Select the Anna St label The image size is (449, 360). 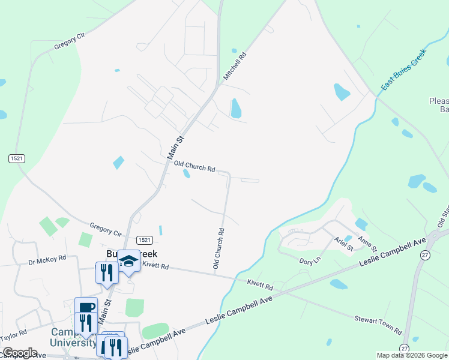pos(367,244)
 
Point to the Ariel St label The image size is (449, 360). pos(343,244)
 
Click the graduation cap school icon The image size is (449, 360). pos(128,261)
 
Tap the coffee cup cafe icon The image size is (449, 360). pos(86,307)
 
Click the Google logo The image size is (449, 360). pos(19,353)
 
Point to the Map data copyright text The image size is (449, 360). pos(411,355)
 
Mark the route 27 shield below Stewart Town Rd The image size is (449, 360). pos(405,348)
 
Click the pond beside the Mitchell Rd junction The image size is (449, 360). pos(236,108)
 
